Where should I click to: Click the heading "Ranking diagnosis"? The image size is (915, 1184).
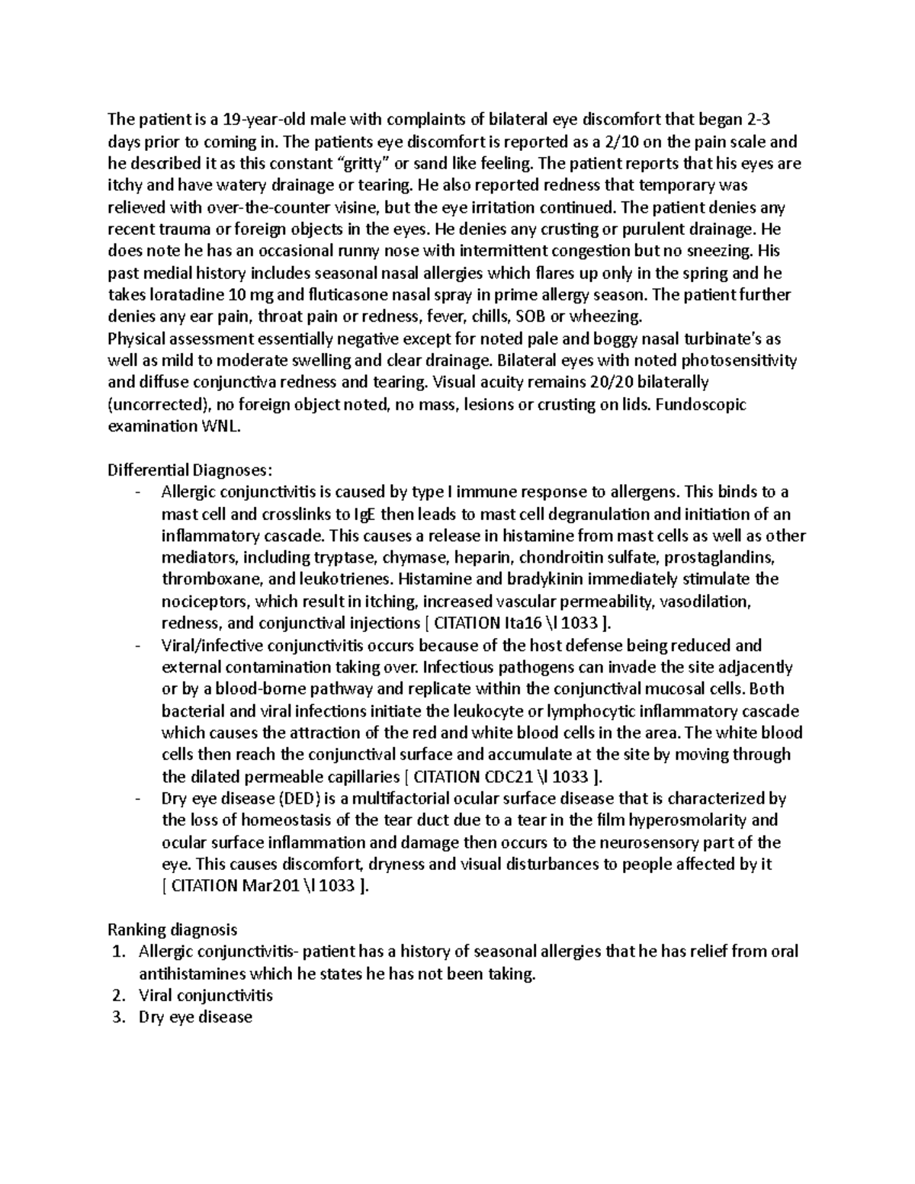click(172, 930)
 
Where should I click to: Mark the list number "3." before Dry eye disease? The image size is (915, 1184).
click(117, 1017)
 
